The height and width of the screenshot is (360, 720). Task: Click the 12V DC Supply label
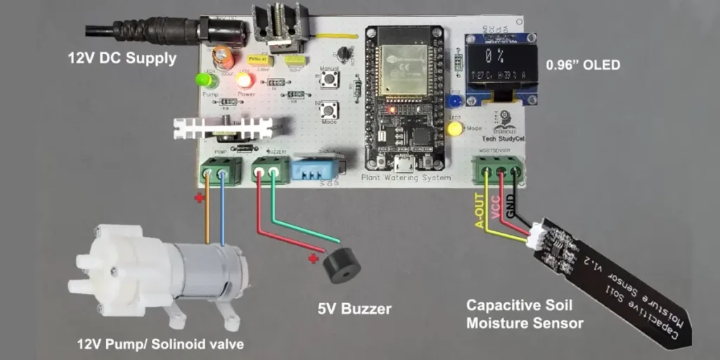(x=122, y=58)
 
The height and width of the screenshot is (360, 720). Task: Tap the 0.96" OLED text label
(x=583, y=65)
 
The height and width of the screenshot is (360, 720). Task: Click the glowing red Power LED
(x=245, y=79)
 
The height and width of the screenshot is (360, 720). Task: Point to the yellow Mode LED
(x=455, y=129)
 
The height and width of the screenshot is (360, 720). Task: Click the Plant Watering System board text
(x=405, y=179)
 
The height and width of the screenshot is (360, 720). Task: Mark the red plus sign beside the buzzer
(x=314, y=259)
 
